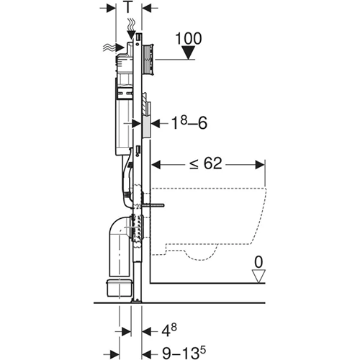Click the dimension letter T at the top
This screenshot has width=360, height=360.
[x=127, y=8]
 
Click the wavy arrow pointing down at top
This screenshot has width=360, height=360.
[x=130, y=28]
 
